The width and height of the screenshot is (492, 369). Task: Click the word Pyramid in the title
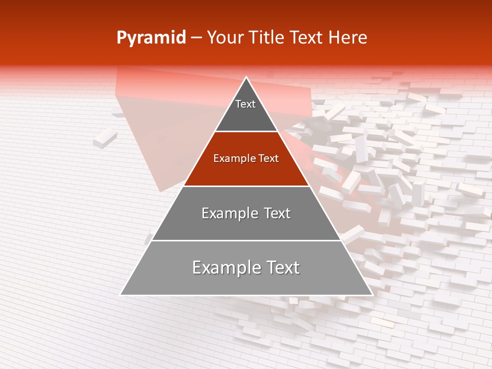click(151, 38)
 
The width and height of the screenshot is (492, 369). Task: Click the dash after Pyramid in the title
click(196, 38)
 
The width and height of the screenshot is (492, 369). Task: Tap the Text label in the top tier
click(245, 104)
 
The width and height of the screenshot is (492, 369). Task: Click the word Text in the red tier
click(269, 159)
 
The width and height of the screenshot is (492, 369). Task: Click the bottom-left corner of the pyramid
click(120, 295)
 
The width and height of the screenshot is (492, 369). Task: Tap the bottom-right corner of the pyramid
click(372, 295)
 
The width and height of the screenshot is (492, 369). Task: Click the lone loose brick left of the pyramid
click(105, 138)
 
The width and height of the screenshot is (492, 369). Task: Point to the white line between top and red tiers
click(246, 132)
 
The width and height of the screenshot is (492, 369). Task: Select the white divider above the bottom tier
click(246, 240)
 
